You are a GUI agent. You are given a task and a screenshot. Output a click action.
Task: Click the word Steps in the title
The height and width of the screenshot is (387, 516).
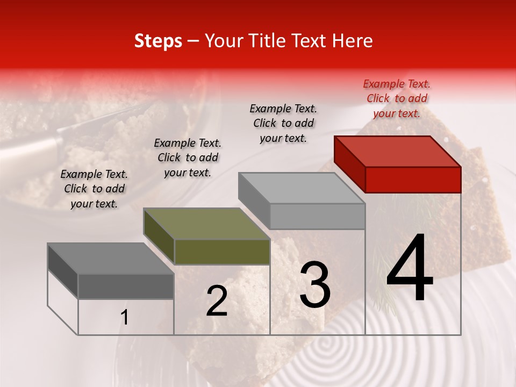[158, 41]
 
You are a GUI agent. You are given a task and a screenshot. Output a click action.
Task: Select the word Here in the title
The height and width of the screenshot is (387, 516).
[353, 41]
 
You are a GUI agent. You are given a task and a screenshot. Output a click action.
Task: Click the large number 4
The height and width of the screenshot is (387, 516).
[410, 269]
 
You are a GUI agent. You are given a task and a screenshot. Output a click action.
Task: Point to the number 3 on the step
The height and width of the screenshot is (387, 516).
[315, 284]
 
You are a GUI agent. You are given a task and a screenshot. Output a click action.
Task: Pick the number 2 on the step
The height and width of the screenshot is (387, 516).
[217, 301]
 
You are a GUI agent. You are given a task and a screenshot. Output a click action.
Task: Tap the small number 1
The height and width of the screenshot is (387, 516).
[125, 318]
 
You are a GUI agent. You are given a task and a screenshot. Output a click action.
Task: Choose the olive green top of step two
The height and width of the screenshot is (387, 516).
[206, 224]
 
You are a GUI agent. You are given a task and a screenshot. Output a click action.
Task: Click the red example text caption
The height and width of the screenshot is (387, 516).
[397, 98]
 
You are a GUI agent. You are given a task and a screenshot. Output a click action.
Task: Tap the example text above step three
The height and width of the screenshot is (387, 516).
[283, 123]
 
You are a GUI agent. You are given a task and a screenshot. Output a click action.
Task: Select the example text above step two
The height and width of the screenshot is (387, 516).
[188, 157]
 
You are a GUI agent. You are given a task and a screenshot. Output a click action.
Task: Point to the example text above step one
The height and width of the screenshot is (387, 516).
[94, 189]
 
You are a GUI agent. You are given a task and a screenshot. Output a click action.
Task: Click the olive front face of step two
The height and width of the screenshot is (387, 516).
[222, 252]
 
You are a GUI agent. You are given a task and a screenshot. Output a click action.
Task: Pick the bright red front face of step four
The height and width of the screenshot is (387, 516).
[413, 180]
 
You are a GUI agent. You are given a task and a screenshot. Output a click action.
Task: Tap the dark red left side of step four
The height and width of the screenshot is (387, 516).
[349, 164]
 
